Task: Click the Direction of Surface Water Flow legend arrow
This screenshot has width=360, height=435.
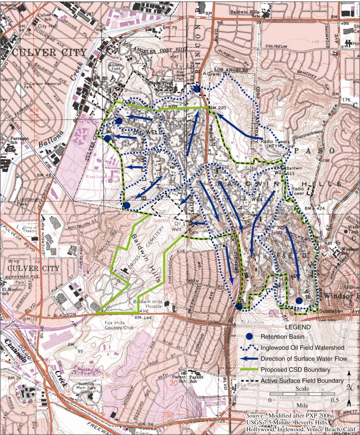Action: click(x=251, y=359)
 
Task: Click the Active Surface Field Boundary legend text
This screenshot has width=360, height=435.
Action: click(x=302, y=381)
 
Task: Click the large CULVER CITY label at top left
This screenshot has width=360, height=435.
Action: click(x=49, y=53)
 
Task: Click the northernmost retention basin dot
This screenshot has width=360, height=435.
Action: click(x=197, y=89)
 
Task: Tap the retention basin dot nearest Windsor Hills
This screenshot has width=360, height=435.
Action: click(x=299, y=301)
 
